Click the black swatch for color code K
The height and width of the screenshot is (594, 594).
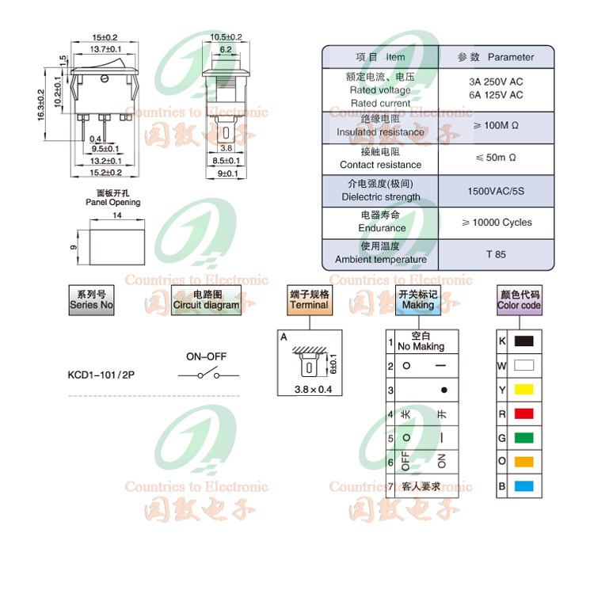[524, 341]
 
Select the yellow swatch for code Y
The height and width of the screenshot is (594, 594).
[524, 390]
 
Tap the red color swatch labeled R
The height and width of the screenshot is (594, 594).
[524, 413]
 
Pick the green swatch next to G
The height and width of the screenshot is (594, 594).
[524, 437]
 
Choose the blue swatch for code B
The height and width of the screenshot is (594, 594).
[524, 485]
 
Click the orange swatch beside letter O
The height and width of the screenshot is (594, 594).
[524, 462]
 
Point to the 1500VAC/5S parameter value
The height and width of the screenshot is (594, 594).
[496, 191]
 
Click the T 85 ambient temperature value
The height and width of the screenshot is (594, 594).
[496, 254]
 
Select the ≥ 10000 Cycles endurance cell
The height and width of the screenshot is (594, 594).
[496, 223]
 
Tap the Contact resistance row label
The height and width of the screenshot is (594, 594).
[380, 158]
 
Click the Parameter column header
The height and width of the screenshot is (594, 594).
[496, 57]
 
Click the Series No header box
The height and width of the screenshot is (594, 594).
[91, 300]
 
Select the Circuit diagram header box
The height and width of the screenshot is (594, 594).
[206, 300]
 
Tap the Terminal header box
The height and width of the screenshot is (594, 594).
[309, 300]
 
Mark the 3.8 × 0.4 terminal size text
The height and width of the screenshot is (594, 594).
[314, 388]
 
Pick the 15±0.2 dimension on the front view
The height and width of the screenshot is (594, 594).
[105, 37]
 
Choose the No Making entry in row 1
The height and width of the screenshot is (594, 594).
[421, 341]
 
